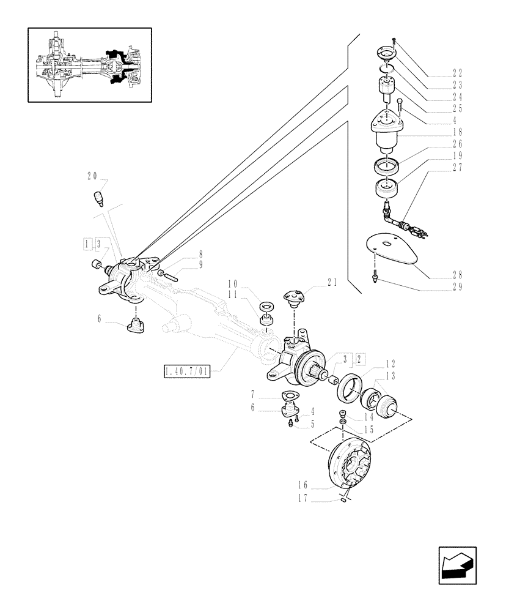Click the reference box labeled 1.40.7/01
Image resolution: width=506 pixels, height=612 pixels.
[x=186, y=371]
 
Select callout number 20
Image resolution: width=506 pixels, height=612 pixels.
[x=93, y=176]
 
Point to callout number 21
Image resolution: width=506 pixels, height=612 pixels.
[x=332, y=282]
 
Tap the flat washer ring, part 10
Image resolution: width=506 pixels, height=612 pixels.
[x=266, y=305]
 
